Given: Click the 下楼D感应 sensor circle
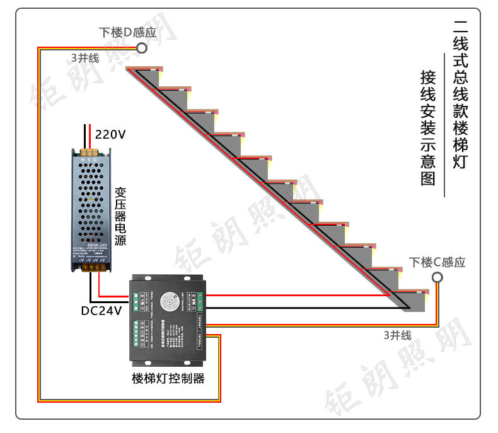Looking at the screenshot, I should pos(142,48).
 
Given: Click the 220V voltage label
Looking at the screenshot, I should pos(110,134).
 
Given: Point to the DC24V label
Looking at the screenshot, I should pos(101,310).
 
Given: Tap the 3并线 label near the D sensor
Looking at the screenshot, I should pos(85,58).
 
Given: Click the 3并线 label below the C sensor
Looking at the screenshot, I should pos(397,335).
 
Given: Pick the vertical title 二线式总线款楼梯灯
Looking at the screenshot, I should pos(461,95).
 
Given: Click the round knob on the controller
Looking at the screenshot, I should pos(168,301).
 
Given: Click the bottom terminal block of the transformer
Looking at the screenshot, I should pos(93,268).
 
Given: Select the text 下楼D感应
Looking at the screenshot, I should pos(127,32).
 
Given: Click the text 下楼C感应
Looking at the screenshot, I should pos(437,262).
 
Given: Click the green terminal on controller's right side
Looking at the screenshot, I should pos(201,297).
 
